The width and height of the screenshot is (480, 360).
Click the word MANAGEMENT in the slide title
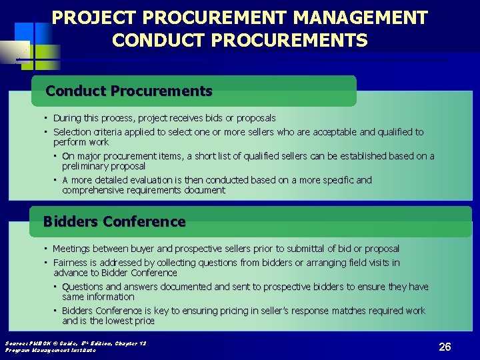(363, 17)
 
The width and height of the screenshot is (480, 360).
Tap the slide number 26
(445, 347)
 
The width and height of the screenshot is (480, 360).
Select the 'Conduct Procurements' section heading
(129, 91)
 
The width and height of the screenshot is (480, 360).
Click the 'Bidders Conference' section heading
(114, 221)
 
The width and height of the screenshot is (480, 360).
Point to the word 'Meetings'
(71, 249)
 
